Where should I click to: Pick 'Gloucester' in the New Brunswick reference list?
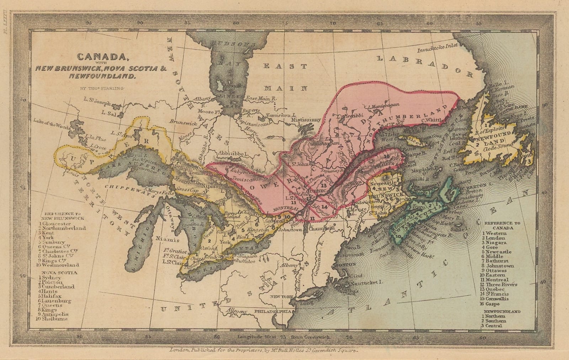click(57, 224)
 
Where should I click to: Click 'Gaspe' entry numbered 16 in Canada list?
click(493, 304)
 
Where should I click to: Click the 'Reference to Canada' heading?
click(502, 225)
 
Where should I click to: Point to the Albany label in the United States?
click(288, 265)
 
